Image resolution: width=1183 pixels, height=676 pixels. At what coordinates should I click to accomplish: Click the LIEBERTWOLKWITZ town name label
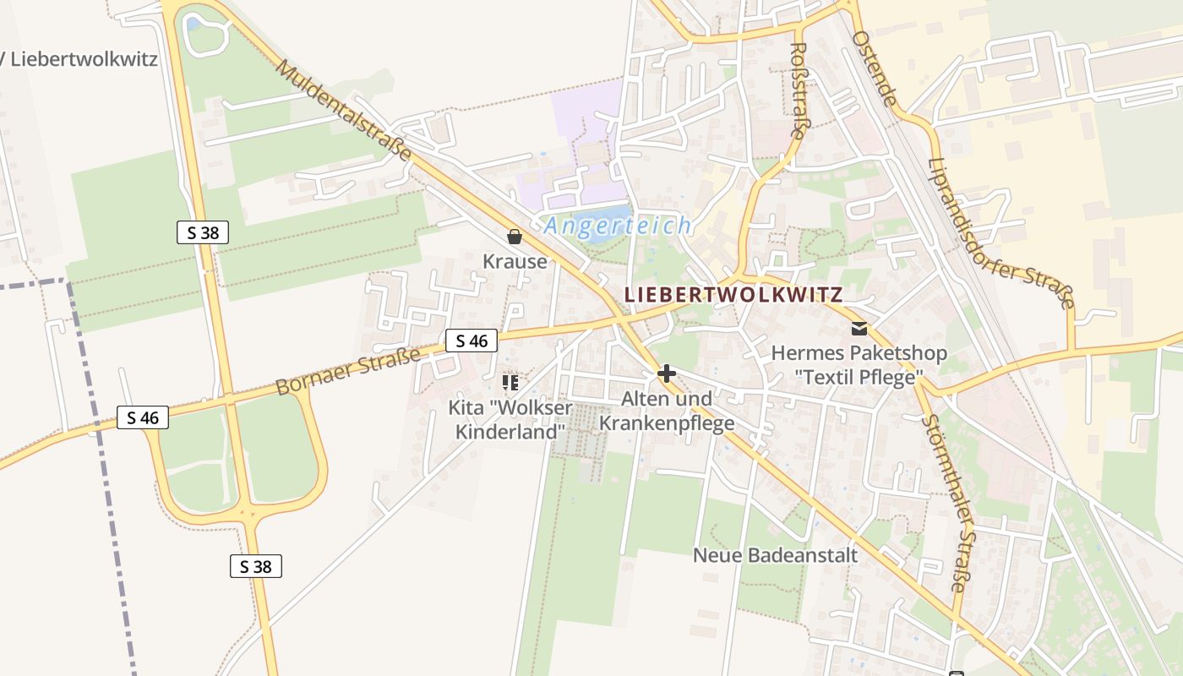pyautogui.click(x=733, y=295)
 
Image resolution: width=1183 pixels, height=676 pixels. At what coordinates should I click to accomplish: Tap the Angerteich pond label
pyautogui.click(x=618, y=226)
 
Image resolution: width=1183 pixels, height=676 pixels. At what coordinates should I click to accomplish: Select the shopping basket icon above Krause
pyautogui.click(x=514, y=237)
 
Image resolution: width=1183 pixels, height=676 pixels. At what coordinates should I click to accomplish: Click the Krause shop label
pyautogui.click(x=515, y=261)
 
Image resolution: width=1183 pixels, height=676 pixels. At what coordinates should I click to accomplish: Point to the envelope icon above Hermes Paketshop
pyautogui.click(x=859, y=329)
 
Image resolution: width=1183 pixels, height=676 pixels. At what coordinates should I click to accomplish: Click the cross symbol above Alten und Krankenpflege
pyautogui.click(x=667, y=373)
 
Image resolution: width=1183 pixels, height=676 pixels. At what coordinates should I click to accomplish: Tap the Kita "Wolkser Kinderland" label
pyautogui.click(x=510, y=420)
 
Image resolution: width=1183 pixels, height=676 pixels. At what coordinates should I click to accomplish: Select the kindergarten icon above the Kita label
pyautogui.click(x=510, y=383)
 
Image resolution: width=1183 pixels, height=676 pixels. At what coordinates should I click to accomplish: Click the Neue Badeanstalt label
pyautogui.click(x=775, y=555)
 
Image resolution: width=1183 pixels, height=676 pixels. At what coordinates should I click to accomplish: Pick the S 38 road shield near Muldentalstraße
pyautogui.click(x=203, y=232)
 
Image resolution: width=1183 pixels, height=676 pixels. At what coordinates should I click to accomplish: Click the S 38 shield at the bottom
pyautogui.click(x=256, y=566)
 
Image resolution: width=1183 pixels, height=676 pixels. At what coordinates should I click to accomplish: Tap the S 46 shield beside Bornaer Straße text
pyautogui.click(x=472, y=341)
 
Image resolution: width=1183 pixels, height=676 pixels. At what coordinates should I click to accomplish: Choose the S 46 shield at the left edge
pyautogui.click(x=143, y=417)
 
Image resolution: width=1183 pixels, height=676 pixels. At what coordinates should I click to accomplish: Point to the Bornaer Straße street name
pyautogui.click(x=348, y=373)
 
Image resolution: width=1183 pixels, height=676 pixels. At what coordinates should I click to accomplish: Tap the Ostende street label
pyautogui.click(x=874, y=68)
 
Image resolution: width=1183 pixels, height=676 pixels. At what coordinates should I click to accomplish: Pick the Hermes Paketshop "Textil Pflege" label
pyautogui.click(x=859, y=365)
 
